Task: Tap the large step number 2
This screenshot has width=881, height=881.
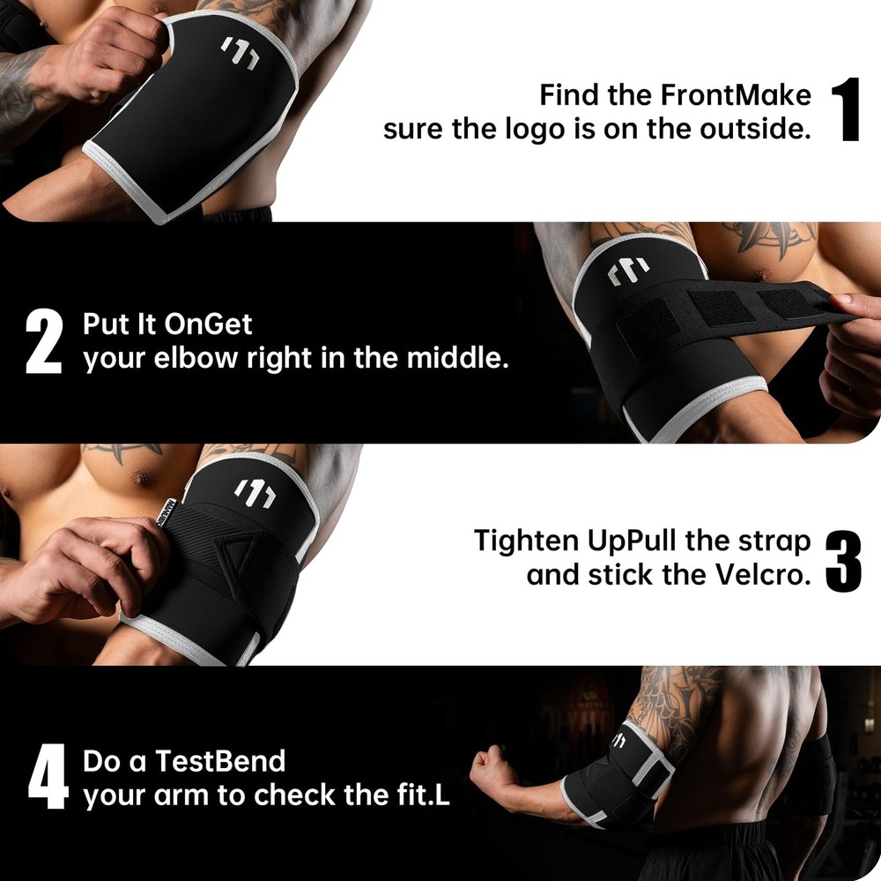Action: pos(44,340)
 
